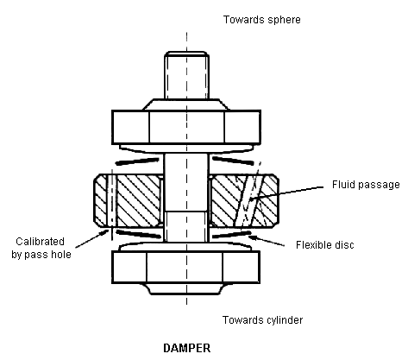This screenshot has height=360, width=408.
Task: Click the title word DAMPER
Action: [187, 348]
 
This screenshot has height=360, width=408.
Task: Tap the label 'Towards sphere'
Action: [262, 20]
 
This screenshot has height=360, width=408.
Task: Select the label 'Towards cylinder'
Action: [262, 320]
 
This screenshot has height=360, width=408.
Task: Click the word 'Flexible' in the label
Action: [313, 244]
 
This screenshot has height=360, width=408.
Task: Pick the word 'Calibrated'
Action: [40, 241]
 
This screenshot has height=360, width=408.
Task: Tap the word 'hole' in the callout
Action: [60, 255]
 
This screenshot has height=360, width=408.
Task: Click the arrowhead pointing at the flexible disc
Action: [252, 237]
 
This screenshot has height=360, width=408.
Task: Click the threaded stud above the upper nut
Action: [186, 75]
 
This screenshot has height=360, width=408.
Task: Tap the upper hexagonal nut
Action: [186, 127]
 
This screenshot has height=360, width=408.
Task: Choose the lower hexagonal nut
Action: [185, 267]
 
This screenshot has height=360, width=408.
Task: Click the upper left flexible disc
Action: [137, 161]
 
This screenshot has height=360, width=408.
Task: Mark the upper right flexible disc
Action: [233, 161]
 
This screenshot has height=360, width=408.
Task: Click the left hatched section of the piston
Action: [129, 200]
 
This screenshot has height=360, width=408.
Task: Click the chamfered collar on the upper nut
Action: [185, 104]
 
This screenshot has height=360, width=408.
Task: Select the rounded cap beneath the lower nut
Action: [185, 289]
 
